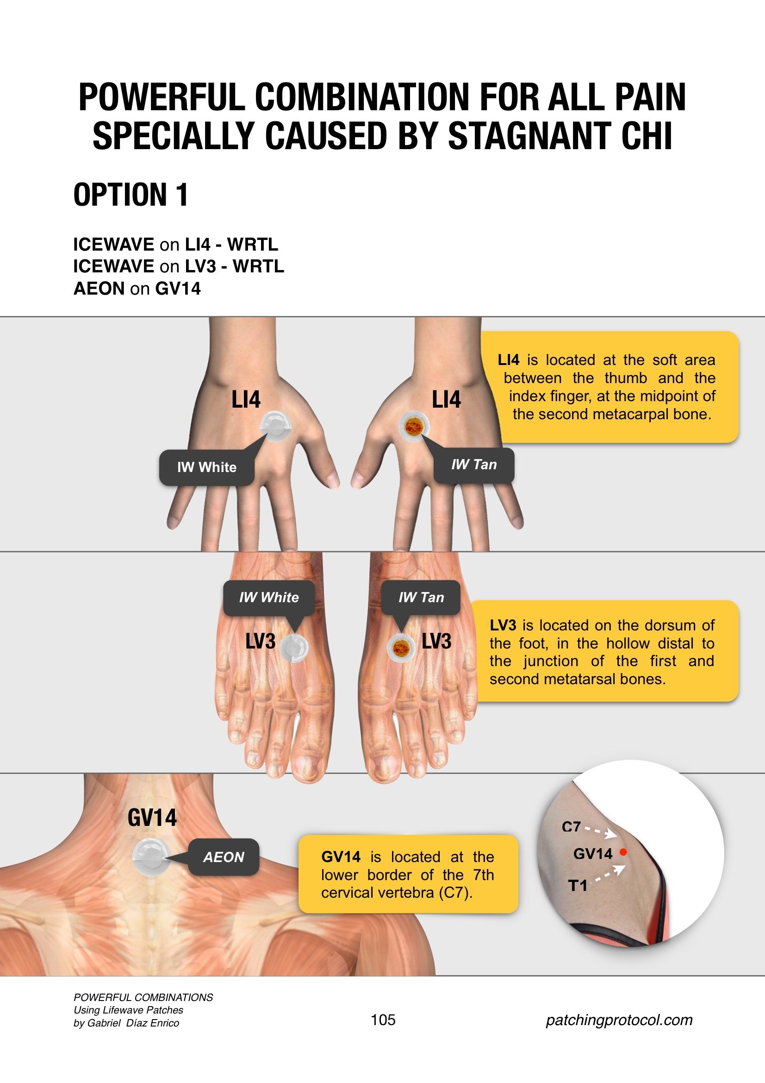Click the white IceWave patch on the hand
(276, 426)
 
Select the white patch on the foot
(294, 648)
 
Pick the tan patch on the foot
(401, 647)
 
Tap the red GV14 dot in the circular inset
(623, 852)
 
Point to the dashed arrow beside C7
(601, 831)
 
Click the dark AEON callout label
(224, 857)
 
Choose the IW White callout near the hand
(207, 467)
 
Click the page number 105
(383, 1020)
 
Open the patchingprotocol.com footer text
(619, 1020)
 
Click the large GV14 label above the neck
(152, 818)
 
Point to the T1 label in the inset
(578, 886)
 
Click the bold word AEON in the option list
(99, 288)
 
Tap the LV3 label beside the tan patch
(436, 642)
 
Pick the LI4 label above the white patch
(246, 399)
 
